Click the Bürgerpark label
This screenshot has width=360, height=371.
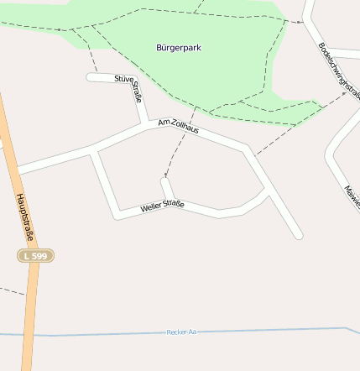tap(179, 47)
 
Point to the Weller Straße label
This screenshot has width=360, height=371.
tap(162, 206)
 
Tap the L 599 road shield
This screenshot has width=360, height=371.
tap(36, 254)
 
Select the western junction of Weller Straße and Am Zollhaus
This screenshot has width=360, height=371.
tap(96, 150)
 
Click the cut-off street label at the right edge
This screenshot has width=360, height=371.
tap(351, 195)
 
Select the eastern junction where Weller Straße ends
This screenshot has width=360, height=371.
tap(268, 191)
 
